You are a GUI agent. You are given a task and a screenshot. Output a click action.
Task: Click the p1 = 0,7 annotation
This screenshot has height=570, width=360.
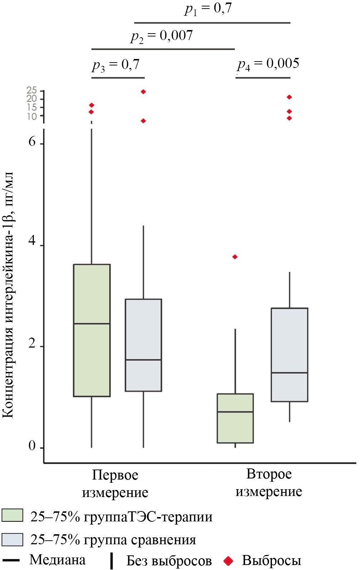[x=208, y=9]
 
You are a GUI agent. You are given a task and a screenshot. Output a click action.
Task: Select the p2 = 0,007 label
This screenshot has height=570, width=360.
[x=162, y=36]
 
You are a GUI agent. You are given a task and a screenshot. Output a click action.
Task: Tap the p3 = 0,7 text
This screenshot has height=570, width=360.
[x=116, y=65]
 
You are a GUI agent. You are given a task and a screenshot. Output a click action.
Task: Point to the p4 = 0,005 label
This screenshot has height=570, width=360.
[x=268, y=64]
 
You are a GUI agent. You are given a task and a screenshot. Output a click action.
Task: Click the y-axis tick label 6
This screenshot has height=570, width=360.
[x=32, y=142]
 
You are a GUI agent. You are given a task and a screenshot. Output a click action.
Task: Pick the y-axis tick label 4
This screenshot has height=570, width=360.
[x=32, y=241]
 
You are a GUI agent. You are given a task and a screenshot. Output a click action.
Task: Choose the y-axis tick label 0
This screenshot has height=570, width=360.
[x=32, y=446]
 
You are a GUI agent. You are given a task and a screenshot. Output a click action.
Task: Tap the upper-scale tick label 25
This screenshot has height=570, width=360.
[x=32, y=90]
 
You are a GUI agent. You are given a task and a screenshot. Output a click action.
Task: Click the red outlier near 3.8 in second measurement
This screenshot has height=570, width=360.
[x=235, y=257]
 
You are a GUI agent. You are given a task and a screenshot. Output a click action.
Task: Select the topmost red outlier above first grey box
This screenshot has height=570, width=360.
[x=143, y=92]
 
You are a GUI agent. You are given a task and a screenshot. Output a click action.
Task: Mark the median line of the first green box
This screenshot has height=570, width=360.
[x=92, y=324]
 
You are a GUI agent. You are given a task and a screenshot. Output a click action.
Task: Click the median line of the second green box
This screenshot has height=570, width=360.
[x=235, y=412]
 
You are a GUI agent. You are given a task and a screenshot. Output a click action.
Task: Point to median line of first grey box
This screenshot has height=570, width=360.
[x=143, y=360]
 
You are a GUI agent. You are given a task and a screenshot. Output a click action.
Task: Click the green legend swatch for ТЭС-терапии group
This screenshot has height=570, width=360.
[x=12, y=515]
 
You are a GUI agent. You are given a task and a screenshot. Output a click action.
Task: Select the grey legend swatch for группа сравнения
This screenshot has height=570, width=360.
[x=12, y=539]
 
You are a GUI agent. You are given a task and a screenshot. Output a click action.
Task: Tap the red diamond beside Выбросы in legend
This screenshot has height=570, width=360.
[x=228, y=561]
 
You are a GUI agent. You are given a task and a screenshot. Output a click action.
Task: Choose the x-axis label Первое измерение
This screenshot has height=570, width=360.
[x=115, y=483]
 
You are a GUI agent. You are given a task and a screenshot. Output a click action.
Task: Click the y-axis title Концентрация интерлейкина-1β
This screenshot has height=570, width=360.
[x=8, y=295]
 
